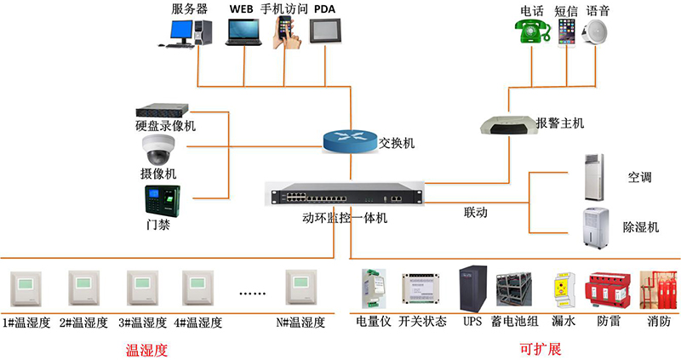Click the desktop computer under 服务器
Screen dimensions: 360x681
pyautogui.click(x=189, y=32)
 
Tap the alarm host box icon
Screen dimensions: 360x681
pyautogui.click(x=502, y=125)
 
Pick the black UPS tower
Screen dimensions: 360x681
pyautogui.click(x=472, y=289)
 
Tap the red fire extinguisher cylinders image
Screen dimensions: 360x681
pyautogui.click(x=657, y=292)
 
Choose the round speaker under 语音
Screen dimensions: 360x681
pyautogui.click(x=598, y=32)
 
